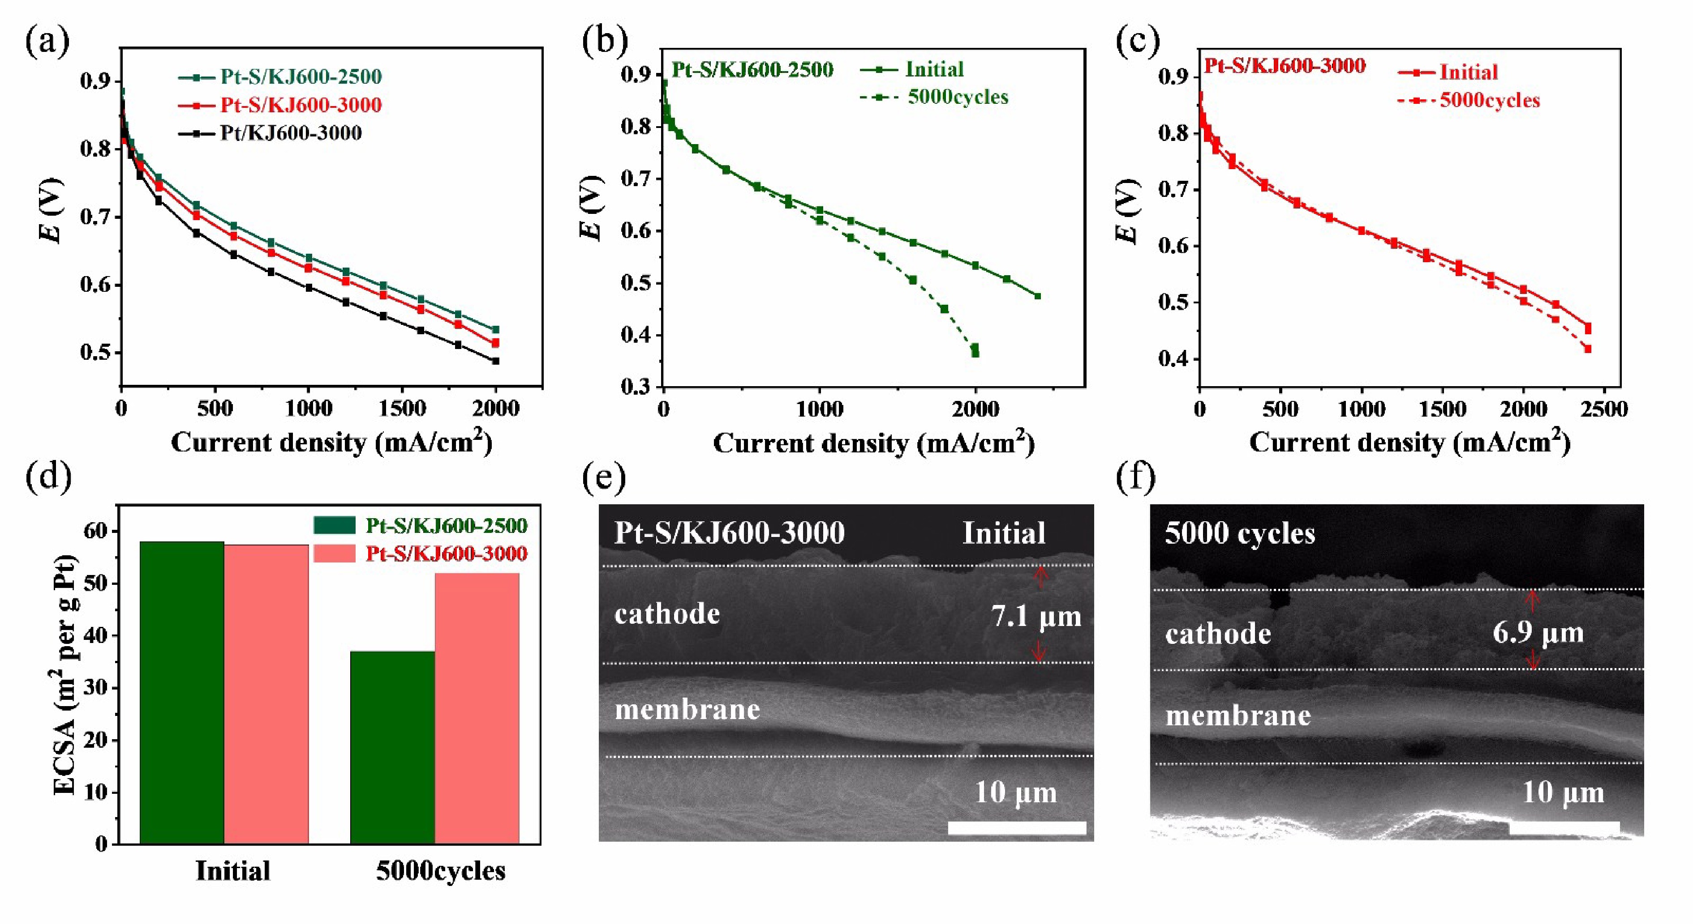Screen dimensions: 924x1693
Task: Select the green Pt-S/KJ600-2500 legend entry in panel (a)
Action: tap(301, 77)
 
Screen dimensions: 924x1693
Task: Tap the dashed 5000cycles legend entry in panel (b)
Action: tap(957, 97)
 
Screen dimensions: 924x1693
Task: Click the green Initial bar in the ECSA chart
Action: tap(182, 692)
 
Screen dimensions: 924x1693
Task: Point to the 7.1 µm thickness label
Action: tap(1036, 617)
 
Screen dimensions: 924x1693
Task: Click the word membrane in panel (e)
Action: tap(687, 709)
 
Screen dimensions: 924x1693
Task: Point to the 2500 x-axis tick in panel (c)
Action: tap(1603, 410)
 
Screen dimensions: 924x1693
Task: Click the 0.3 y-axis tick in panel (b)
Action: tap(636, 387)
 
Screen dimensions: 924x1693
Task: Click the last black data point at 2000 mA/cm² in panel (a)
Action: tap(495, 361)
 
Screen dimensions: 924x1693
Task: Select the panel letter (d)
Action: tap(47, 477)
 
